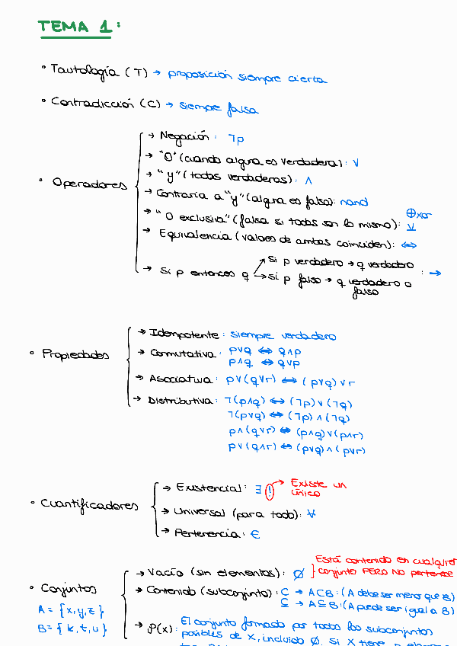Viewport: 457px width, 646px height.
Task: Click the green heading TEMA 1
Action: (75, 27)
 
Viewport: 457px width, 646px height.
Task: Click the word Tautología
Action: (84, 71)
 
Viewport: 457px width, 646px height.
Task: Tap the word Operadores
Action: (90, 184)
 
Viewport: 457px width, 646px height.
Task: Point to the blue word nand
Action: (354, 202)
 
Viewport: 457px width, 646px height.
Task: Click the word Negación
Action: (184, 136)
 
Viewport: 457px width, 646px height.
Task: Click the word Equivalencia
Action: (195, 236)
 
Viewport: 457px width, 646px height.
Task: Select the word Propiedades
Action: (75, 354)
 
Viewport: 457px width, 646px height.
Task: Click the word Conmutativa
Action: (184, 353)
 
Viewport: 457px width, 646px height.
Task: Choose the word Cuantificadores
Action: (89, 504)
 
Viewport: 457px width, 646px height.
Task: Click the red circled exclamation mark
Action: (268, 489)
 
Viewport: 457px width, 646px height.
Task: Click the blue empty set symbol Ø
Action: (299, 573)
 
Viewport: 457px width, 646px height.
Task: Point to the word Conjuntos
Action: (69, 589)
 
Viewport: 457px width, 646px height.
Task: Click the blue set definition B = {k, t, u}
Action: (72, 628)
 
